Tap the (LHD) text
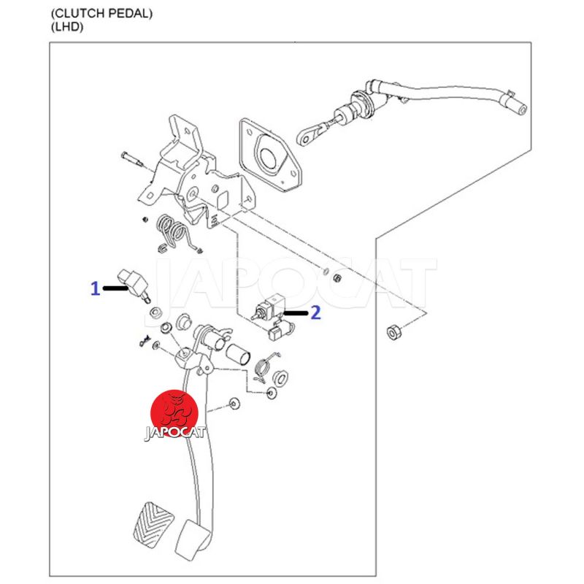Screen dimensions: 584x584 [x=68, y=28]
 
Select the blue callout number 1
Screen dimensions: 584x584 [x=95, y=289]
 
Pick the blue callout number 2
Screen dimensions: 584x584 [x=315, y=313]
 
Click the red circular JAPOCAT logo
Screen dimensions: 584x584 [x=174, y=411]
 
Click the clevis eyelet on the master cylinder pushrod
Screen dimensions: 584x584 [x=305, y=135]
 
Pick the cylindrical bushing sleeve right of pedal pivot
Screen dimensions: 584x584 [x=238, y=358]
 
